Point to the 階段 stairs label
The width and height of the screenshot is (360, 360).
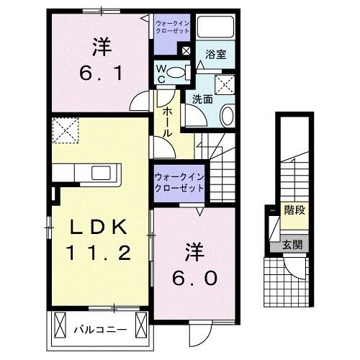[x=292, y=211]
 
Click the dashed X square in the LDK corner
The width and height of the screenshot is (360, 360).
[x=66, y=132]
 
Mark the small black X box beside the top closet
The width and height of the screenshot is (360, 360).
[x=186, y=51]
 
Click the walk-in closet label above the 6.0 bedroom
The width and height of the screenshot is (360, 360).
[x=178, y=181]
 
